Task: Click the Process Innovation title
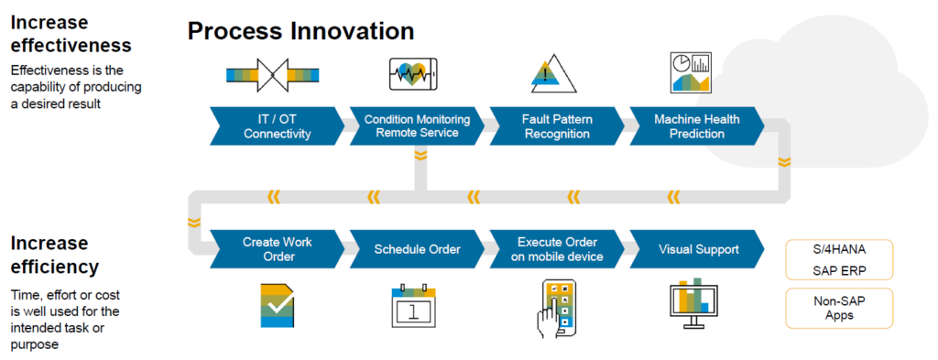coord(300,30)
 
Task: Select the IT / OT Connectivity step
coord(277,126)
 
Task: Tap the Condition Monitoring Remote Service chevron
coord(417,126)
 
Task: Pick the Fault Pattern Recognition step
coord(556,126)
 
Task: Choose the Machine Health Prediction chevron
coord(695,126)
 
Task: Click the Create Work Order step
coord(277,249)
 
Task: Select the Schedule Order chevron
coord(417,249)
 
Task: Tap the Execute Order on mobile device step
coord(556,249)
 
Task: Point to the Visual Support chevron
coord(695,249)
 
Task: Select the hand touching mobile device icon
coord(556,307)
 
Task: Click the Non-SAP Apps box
coord(839,307)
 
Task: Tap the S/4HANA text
coord(839,251)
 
